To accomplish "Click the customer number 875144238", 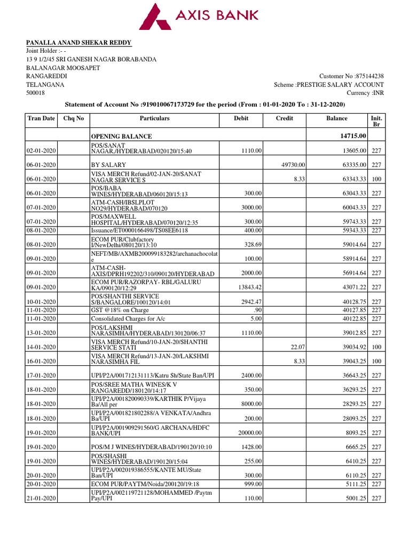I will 367,76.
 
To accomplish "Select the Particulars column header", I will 154,118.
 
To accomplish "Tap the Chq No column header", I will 76,118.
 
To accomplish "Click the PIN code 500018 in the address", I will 36,93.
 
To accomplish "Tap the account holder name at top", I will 78,43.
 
